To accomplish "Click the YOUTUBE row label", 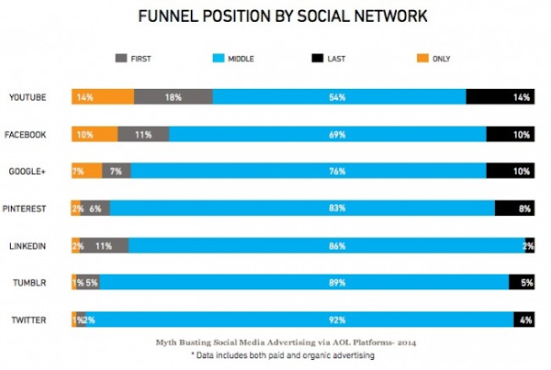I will (28, 97).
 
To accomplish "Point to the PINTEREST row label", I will (29, 208).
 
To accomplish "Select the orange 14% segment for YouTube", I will (104, 97).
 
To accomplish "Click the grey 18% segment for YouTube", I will (174, 97).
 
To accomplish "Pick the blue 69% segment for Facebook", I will (327, 135).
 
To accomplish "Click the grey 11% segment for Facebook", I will (143, 135).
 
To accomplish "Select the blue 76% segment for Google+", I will (309, 171).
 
